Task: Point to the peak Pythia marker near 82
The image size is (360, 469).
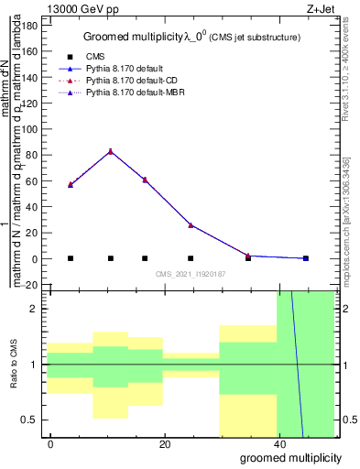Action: pyautogui.click(x=111, y=151)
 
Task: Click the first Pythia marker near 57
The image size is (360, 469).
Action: pyautogui.click(x=71, y=184)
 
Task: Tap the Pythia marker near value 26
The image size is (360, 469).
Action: pyautogui.click(x=191, y=224)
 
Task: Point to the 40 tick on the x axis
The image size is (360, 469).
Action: pyautogui.click(x=277, y=443)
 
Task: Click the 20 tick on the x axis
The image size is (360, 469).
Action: pyautogui.click(x=163, y=443)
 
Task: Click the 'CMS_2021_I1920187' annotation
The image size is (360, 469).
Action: pyautogui.click(x=191, y=274)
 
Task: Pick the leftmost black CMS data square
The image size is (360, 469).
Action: pyautogui.click(x=71, y=258)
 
